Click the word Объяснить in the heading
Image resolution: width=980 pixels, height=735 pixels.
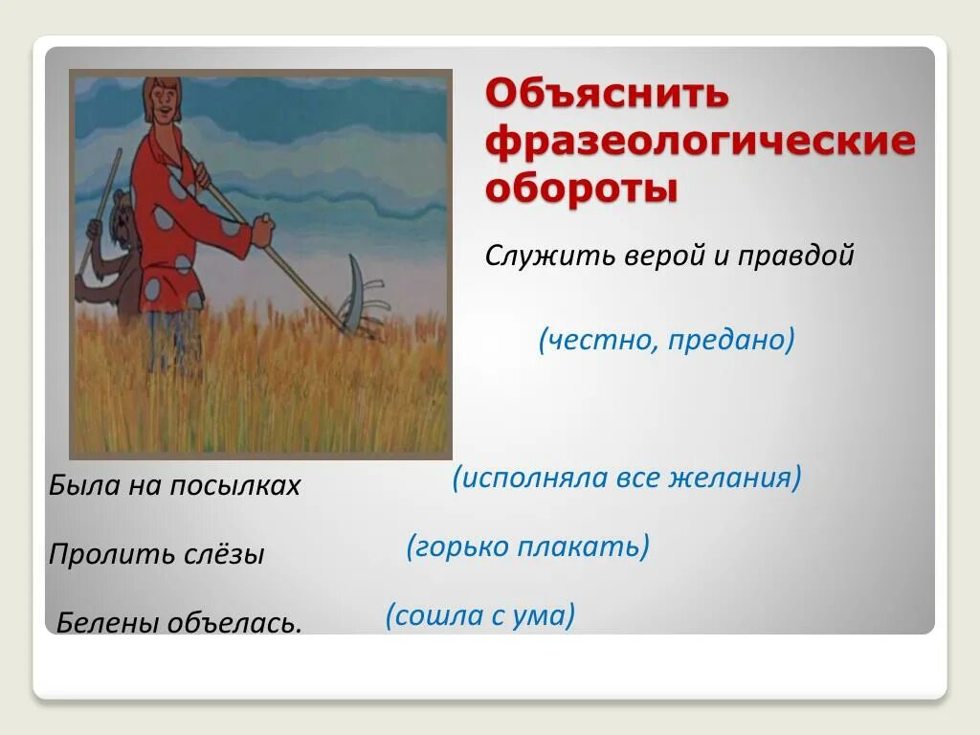point(607,93)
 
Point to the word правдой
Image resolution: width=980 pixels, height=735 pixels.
point(795,256)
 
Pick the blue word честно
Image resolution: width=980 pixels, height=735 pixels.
point(598,340)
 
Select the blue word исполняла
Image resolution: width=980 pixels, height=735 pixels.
point(530,479)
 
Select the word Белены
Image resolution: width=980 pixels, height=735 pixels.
point(107,622)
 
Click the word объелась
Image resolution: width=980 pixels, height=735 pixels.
point(235,623)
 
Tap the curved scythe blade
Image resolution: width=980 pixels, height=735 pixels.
point(354,293)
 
